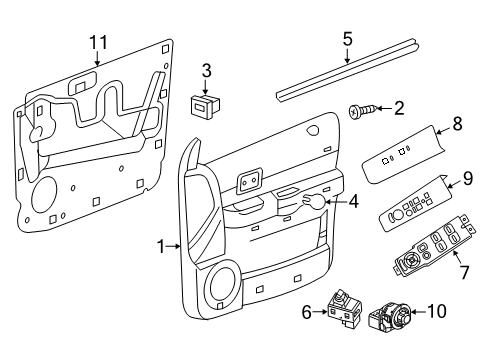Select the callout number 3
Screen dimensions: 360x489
(x=205, y=70)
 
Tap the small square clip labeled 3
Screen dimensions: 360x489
(x=206, y=103)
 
